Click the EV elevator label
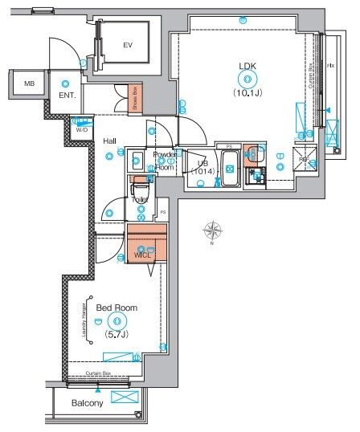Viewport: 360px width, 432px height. pyautogui.click(x=127, y=46)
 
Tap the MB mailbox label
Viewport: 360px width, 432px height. pyautogui.click(x=29, y=83)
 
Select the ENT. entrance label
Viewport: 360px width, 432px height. pyautogui.click(x=67, y=96)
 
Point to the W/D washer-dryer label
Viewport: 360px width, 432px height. pyautogui.click(x=81, y=128)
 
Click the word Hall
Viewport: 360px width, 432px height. pyautogui.click(x=110, y=141)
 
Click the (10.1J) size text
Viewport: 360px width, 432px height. pyautogui.click(x=245, y=92)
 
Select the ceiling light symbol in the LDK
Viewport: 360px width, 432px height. pyautogui.click(x=245, y=79)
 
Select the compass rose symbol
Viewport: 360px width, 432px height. pyautogui.click(x=213, y=232)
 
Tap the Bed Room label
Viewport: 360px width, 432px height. pyautogui.click(x=111, y=308)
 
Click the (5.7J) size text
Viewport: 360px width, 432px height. pyautogui.click(x=111, y=333)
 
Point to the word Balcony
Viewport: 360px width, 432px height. pyautogui.click(x=87, y=403)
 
